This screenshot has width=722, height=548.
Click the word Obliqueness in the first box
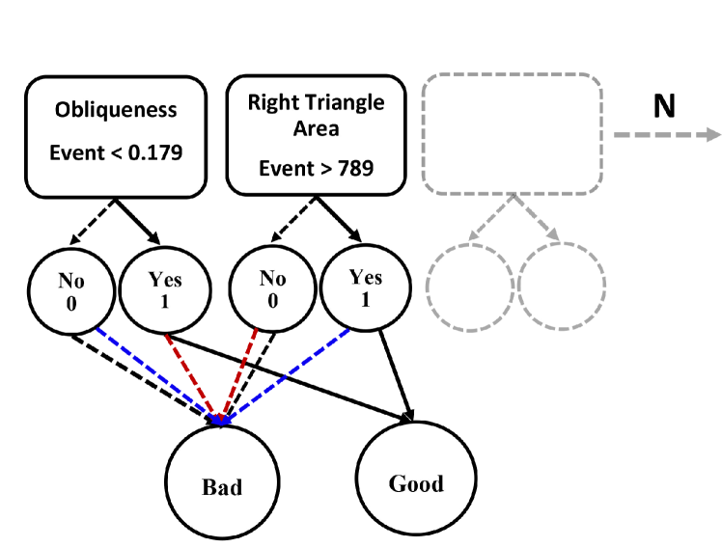116,110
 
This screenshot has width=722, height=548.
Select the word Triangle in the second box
345,102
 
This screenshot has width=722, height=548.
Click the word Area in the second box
316,127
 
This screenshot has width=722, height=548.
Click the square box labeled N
663,105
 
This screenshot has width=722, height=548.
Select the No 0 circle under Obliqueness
71,289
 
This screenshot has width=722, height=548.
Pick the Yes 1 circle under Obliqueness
164,289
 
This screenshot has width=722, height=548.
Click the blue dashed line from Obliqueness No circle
154,372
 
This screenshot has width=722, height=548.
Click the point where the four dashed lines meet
221,421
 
